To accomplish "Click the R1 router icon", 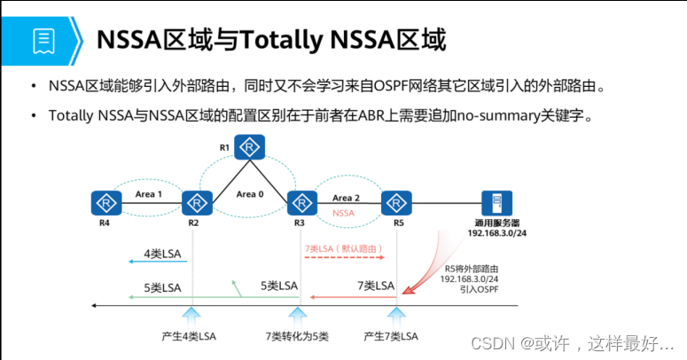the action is (x=250, y=147).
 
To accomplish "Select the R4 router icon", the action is (x=106, y=203).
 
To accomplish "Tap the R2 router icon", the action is (x=197, y=203).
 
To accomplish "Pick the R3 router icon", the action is (x=302, y=203).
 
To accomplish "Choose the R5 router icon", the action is (x=396, y=203).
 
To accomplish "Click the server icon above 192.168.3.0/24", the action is (x=496, y=203).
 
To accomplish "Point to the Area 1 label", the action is (x=149, y=194).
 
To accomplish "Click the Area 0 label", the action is (x=250, y=194).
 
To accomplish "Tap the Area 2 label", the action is (x=346, y=198).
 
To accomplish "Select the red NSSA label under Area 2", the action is (x=343, y=213).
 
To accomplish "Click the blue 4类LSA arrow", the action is (x=158, y=262).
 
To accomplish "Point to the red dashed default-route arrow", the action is (x=344, y=257).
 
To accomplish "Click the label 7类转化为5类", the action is (x=297, y=336).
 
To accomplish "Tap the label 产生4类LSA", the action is (x=189, y=336).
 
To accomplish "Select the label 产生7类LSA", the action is (x=391, y=336).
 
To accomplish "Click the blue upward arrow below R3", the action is (x=298, y=317).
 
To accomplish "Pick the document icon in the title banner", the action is (x=43, y=41).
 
